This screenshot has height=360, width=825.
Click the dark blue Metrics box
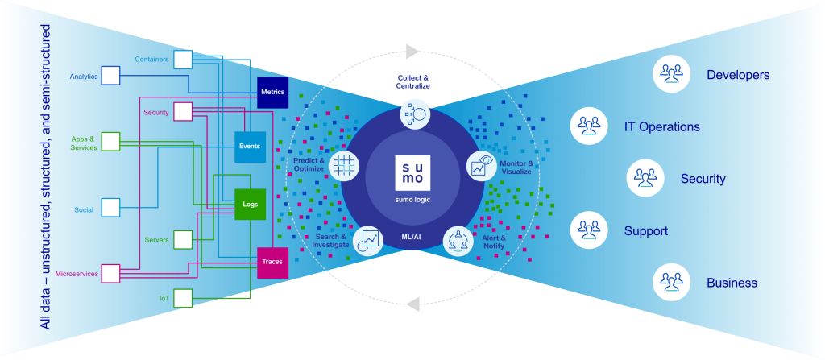pyautogui.click(x=272, y=93)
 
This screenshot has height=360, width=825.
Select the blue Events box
pyautogui.click(x=250, y=147)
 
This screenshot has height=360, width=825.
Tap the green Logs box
pyautogui.click(x=250, y=205)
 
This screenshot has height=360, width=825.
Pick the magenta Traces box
pyautogui.click(x=272, y=262)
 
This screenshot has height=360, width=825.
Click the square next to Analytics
pyautogui.click(x=110, y=77)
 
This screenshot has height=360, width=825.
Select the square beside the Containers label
pyautogui.click(x=183, y=59)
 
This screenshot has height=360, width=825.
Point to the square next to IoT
pyautogui.click(x=183, y=299)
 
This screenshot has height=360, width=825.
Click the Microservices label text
pyautogui.click(x=76, y=274)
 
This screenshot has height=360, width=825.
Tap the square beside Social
pyautogui.click(x=110, y=209)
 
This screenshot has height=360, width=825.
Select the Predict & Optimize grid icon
pyautogui.click(x=343, y=165)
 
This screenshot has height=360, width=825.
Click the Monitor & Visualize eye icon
pyautogui.click(x=481, y=165)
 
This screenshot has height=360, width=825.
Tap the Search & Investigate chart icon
pyautogui.click(x=368, y=239)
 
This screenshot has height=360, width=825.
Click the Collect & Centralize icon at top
pyautogui.click(x=414, y=114)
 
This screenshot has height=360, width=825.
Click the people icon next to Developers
pyautogui.click(x=670, y=75)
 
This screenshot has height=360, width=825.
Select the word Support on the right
pyautogui.click(x=645, y=231)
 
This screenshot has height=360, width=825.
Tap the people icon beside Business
pyautogui.click(x=670, y=283)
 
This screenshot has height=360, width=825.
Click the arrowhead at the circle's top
pyautogui.click(x=412, y=51)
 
